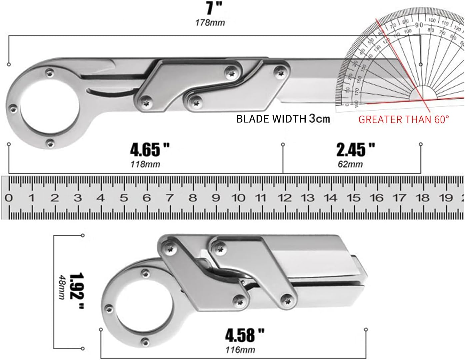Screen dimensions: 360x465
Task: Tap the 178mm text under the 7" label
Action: [210, 23]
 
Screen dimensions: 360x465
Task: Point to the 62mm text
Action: [350, 164]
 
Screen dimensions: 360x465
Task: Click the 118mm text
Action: [146, 164]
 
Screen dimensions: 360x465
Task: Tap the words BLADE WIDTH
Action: [271, 119]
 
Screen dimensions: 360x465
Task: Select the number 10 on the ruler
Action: [238, 198]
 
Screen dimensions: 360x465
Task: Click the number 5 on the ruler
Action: [124, 198]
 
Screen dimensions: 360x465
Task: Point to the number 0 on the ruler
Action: [9, 198]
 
